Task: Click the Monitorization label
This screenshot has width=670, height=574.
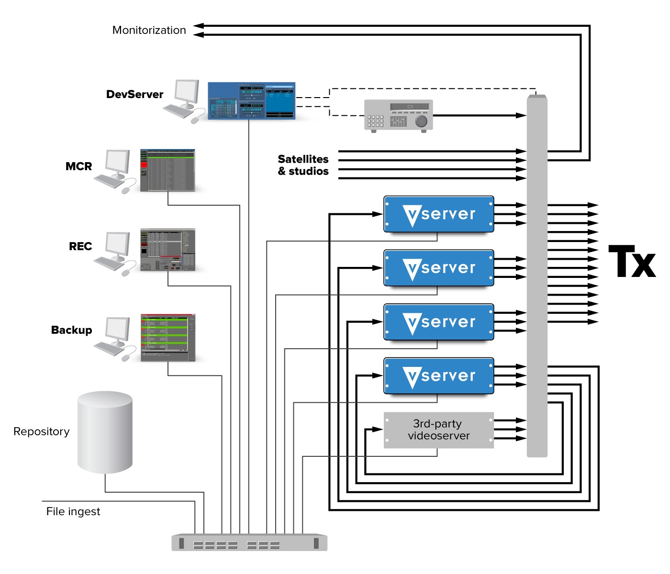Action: click(149, 30)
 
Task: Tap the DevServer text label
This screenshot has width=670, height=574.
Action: click(134, 94)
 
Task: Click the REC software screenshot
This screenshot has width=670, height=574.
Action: click(167, 250)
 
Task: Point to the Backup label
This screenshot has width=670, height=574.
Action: click(71, 330)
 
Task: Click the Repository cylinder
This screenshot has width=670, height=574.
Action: click(105, 432)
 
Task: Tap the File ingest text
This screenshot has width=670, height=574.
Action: click(73, 511)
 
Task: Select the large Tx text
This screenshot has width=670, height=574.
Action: click(632, 262)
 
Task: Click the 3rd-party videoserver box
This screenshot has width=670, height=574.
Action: click(438, 430)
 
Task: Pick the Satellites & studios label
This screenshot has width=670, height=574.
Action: click(303, 165)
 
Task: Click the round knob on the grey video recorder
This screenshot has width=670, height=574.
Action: click(421, 121)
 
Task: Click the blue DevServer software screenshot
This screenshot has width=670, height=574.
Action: click(251, 100)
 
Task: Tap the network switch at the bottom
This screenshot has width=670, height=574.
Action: click(249, 542)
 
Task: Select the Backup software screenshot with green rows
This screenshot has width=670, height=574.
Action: click(168, 338)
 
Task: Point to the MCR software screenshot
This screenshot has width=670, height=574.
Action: click(167, 170)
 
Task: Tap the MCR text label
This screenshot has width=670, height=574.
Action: click(78, 166)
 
